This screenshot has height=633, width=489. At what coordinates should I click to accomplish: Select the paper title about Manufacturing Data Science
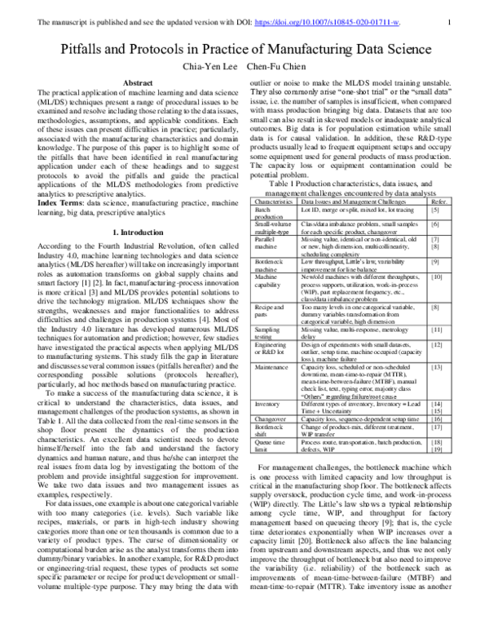[244, 49]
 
